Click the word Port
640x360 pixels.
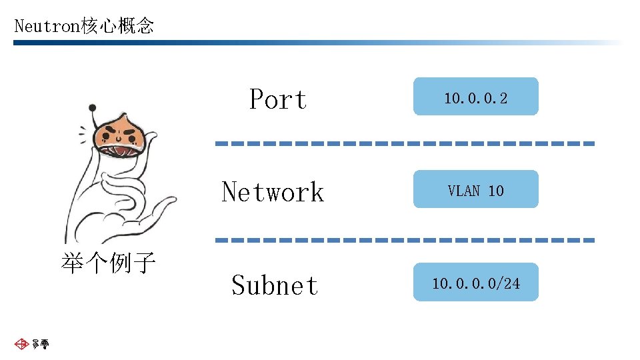point(278,100)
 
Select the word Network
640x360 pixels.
point(273,192)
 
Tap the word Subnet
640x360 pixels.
point(275,285)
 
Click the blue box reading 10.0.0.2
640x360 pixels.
point(475,97)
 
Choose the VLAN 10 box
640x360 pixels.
point(475,190)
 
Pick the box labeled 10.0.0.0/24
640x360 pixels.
point(475,283)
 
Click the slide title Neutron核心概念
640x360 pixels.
point(84,26)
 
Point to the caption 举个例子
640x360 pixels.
point(108,263)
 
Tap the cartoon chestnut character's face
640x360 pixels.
point(121,134)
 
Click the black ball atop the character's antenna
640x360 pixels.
point(93,107)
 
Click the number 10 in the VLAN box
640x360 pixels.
point(496,191)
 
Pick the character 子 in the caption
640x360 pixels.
point(144,263)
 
